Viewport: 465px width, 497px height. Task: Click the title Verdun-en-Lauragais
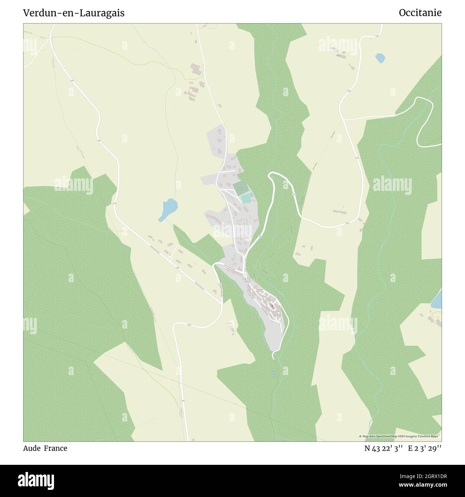point(74,13)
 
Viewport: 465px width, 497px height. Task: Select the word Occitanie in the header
point(420,13)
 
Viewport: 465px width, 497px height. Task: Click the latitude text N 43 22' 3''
point(384,448)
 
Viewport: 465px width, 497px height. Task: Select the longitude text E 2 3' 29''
point(425,448)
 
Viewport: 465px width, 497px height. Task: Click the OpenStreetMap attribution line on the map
point(400,436)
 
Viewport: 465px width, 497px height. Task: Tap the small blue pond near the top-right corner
point(380,58)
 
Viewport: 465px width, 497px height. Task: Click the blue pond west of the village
point(168,209)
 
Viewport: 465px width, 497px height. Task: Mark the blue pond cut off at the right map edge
point(437,300)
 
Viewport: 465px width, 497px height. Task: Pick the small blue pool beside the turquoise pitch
point(251,195)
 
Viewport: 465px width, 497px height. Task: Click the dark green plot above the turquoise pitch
point(240,188)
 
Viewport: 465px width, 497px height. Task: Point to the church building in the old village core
point(273,306)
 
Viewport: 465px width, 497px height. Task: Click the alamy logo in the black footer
point(36,480)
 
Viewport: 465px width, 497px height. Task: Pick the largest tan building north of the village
point(195,69)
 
